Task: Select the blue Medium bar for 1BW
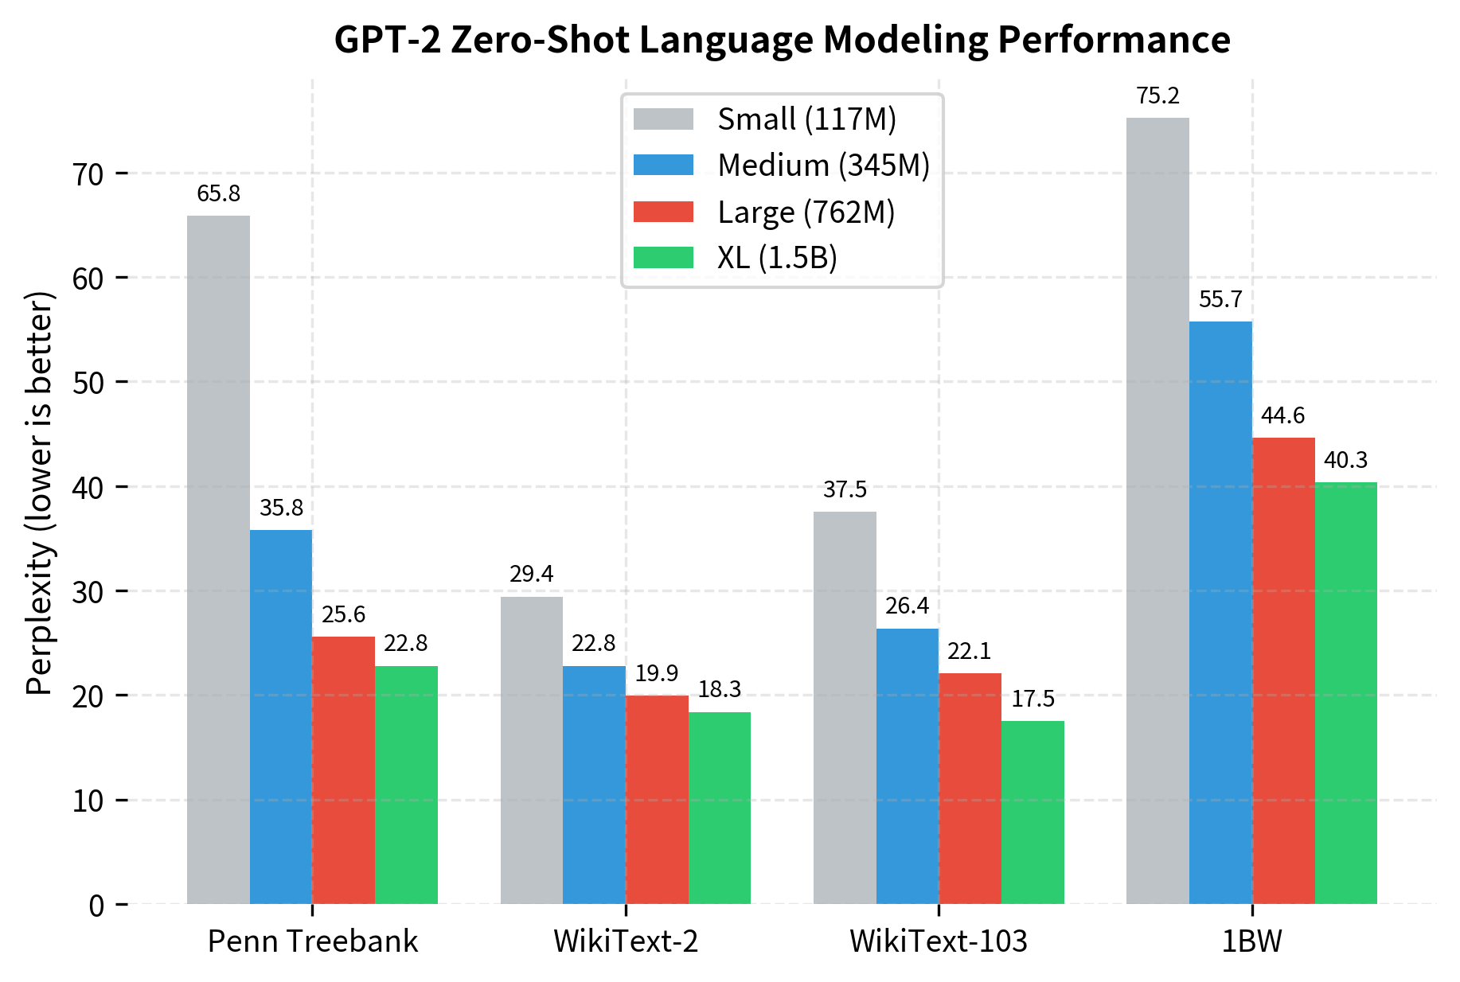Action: click(1220, 613)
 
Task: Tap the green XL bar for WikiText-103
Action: click(1033, 812)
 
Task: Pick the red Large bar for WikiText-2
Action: click(657, 799)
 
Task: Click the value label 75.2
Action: click(1157, 96)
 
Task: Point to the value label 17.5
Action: click(1033, 699)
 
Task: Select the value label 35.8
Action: click(281, 508)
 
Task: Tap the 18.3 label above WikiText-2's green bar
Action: click(720, 689)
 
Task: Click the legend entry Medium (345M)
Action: click(823, 166)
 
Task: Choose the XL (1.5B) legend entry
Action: click(777, 258)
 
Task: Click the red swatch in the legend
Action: click(663, 212)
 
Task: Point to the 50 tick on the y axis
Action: click(88, 383)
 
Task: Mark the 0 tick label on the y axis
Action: click(96, 905)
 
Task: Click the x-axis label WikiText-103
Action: click(939, 941)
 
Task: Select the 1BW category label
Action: click(1251, 941)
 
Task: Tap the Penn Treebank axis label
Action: click(312, 941)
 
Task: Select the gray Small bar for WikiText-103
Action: click(845, 707)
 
